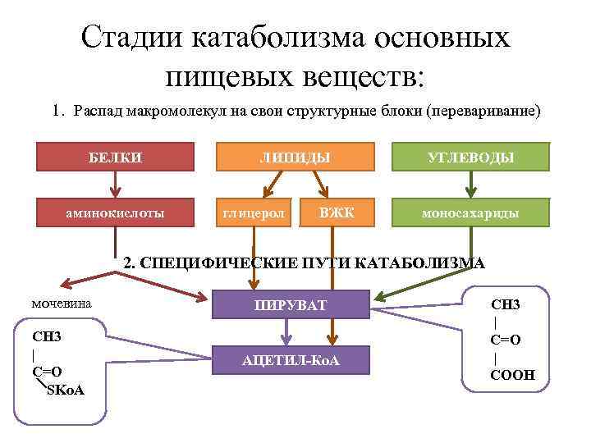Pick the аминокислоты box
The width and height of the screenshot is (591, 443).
(115, 213)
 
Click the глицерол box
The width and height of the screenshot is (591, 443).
(254, 213)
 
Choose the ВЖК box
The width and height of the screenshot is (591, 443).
(337, 213)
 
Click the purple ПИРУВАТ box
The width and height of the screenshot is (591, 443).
(290, 305)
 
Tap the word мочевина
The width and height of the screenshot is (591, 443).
(62, 304)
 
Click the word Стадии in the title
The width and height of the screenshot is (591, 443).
(135, 38)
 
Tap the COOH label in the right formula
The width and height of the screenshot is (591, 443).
(513, 375)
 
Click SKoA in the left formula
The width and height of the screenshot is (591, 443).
(66, 388)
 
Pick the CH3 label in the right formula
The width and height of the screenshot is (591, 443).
(506, 304)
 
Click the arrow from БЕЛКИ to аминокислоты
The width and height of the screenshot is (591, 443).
(115, 185)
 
